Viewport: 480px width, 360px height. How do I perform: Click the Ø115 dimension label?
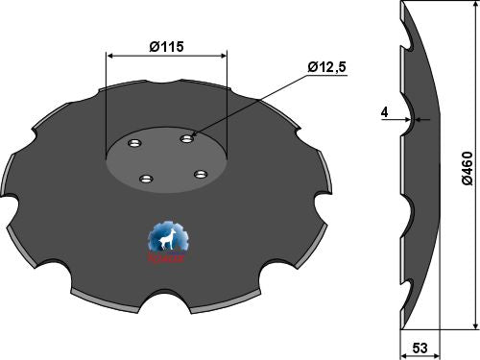tap(167, 45)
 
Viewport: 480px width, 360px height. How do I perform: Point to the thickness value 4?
tap(384, 112)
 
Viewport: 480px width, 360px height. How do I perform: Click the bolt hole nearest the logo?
tap(146, 178)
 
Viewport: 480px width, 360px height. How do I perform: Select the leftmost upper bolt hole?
tap(133, 146)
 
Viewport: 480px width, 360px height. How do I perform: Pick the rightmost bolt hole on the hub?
tap(201, 174)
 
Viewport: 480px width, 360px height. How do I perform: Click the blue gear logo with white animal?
tap(169, 241)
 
